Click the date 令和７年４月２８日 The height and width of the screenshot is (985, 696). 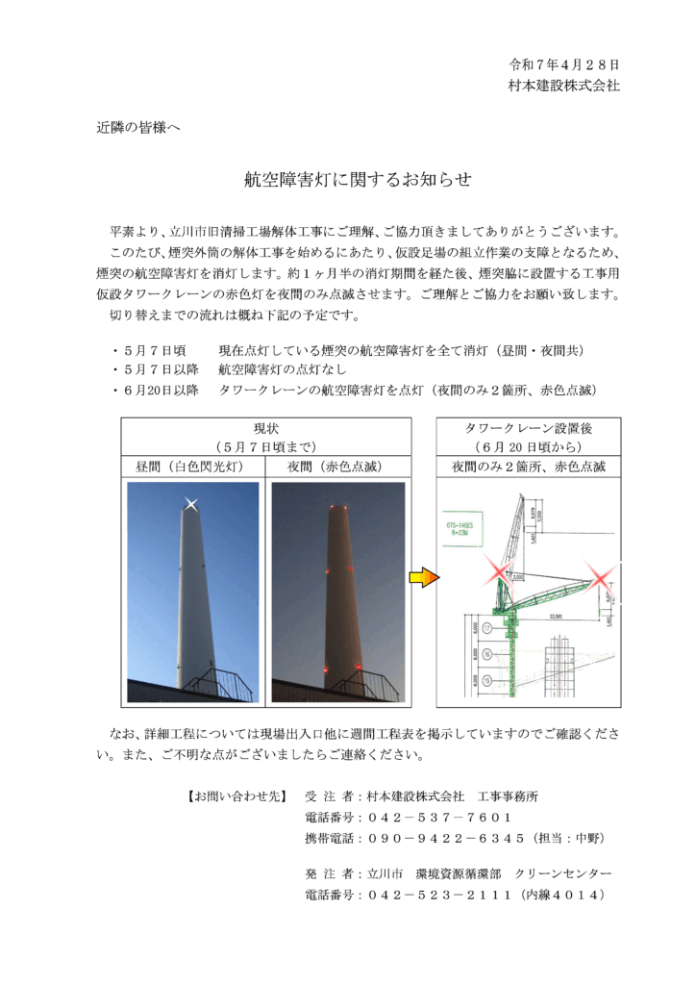564,65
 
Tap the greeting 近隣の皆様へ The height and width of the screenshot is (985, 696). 138,127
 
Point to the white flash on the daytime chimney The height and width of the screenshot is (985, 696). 192,505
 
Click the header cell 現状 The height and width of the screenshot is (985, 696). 265,428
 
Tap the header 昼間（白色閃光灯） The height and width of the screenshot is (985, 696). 192,467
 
